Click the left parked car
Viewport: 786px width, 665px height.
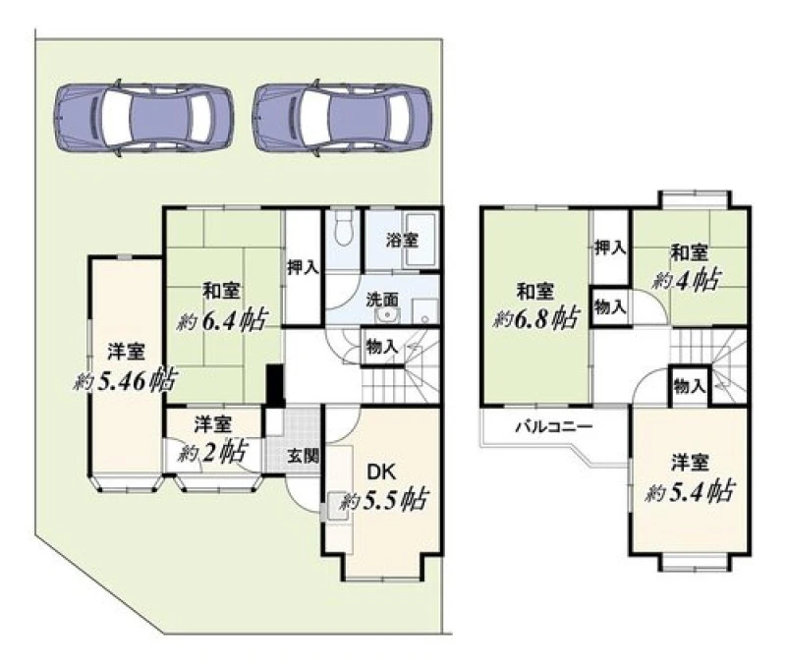tap(143, 118)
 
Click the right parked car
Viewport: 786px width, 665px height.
tap(342, 118)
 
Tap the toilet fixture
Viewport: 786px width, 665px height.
tap(343, 228)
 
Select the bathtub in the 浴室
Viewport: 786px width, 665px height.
tap(421, 240)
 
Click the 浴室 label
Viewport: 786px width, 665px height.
tap(402, 240)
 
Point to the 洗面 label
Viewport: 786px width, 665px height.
tap(382, 300)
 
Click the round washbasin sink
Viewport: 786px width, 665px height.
tap(387, 315)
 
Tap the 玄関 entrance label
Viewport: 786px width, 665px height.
tap(303, 456)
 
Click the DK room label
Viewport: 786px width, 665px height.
tap(382, 471)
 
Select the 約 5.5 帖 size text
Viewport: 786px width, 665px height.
tap(383, 499)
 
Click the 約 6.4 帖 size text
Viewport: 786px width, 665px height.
tap(222, 319)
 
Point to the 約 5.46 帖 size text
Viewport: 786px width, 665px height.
tap(125, 380)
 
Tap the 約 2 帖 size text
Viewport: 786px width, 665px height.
tap(212, 452)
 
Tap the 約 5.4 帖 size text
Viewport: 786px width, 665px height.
tap(690, 490)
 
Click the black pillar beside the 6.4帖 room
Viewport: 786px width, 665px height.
tap(275, 385)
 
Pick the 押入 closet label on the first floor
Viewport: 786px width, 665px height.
tap(303, 267)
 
